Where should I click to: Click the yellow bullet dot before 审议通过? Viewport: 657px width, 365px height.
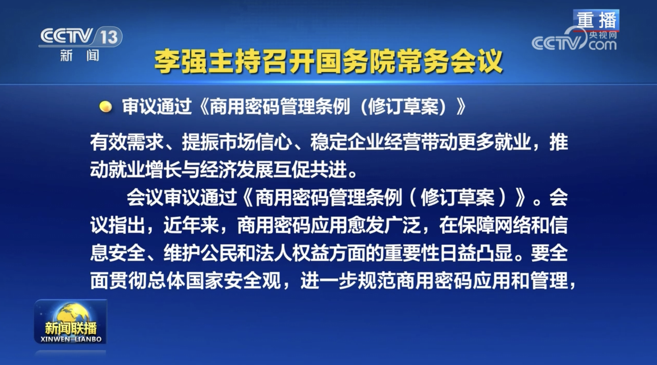pyautogui.click(x=105, y=107)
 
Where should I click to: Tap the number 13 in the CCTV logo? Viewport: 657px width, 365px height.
pyautogui.click(x=109, y=37)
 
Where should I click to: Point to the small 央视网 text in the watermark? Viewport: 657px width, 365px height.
pyautogui.click(x=603, y=35)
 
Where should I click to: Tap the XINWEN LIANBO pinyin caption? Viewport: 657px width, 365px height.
pyautogui.click(x=71, y=339)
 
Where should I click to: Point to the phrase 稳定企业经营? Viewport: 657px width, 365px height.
pyautogui.click(x=365, y=142)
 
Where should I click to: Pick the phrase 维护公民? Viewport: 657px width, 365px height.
pyautogui.click(x=200, y=253)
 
